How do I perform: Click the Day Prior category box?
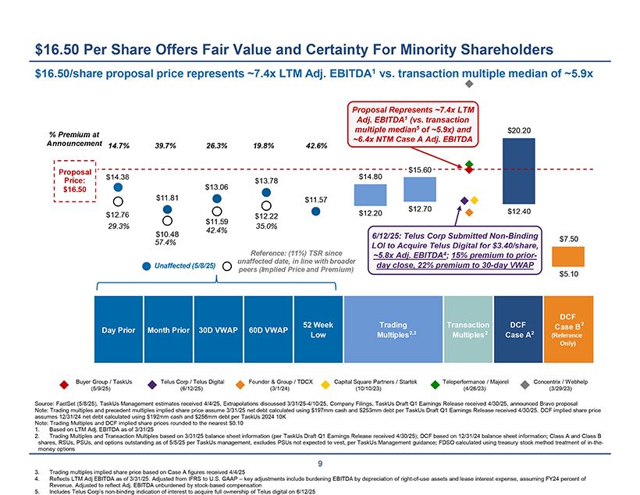(x=118, y=329)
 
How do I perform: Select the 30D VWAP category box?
(x=216, y=329)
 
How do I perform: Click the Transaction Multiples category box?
(x=466, y=329)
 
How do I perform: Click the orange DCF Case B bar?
(x=568, y=256)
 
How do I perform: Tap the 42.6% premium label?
(x=315, y=145)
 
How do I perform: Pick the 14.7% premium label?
(x=119, y=145)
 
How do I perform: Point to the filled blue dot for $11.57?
(x=315, y=211)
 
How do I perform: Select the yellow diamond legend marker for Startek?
(x=325, y=383)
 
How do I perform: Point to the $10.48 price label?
(x=167, y=234)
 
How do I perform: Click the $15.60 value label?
(x=421, y=169)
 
